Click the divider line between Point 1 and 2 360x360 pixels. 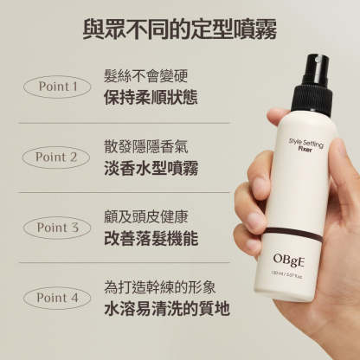(x=130, y=122)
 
